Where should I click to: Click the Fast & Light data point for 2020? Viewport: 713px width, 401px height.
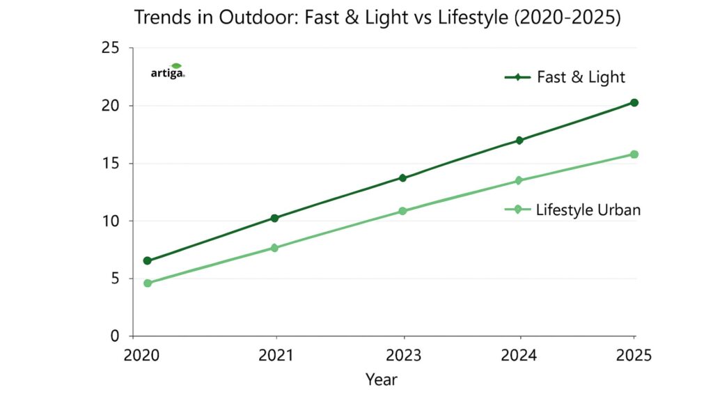tap(148, 260)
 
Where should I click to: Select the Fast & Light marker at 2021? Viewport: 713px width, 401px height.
tap(275, 218)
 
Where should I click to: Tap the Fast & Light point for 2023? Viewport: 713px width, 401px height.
tap(402, 178)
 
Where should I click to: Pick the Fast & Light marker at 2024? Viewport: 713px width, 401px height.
tap(519, 140)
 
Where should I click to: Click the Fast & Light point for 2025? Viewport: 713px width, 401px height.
tap(634, 102)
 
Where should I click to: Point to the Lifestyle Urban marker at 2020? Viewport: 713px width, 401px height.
tap(148, 283)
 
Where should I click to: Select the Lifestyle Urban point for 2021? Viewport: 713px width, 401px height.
tap(275, 248)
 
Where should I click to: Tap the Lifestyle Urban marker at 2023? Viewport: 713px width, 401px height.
tap(402, 211)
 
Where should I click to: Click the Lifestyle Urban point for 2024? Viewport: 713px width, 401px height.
tap(519, 180)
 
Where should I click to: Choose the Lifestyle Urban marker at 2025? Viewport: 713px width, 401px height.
tap(634, 154)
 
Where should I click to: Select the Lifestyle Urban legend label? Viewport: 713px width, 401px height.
tap(588, 209)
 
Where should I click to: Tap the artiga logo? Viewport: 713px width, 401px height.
tap(168, 71)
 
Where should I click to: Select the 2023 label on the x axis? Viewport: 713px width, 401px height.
tap(404, 356)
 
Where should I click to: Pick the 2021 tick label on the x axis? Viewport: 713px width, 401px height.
tap(276, 356)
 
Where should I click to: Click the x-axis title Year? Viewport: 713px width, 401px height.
tap(381, 379)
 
